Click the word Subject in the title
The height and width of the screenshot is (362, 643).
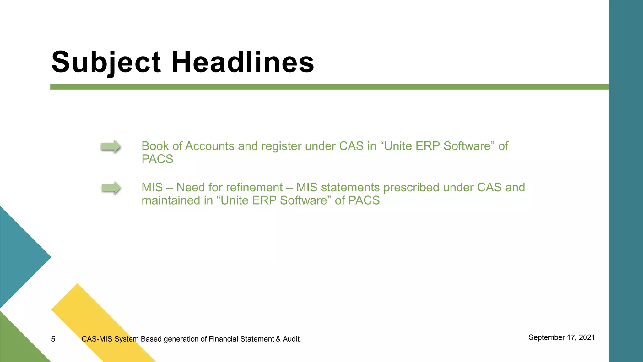pyautogui.click(x=106, y=62)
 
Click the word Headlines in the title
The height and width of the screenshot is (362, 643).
pyautogui.click(x=242, y=62)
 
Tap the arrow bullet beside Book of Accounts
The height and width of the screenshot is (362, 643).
pyautogui.click(x=111, y=146)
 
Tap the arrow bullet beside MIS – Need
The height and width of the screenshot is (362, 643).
pyautogui.click(x=111, y=188)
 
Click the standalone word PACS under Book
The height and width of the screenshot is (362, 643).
pyautogui.click(x=157, y=159)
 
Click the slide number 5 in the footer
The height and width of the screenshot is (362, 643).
pyautogui.click(x=53, y=339)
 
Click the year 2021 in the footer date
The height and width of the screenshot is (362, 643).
pyautogui.click(x=587, y=337)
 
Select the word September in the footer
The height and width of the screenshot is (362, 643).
pyautogui.click(x=547, y=338)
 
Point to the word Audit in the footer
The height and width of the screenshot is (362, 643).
pyautogui.click(x=291, y=339)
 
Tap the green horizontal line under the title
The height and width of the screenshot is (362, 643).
pyautogui.click(x=314, y=87)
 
